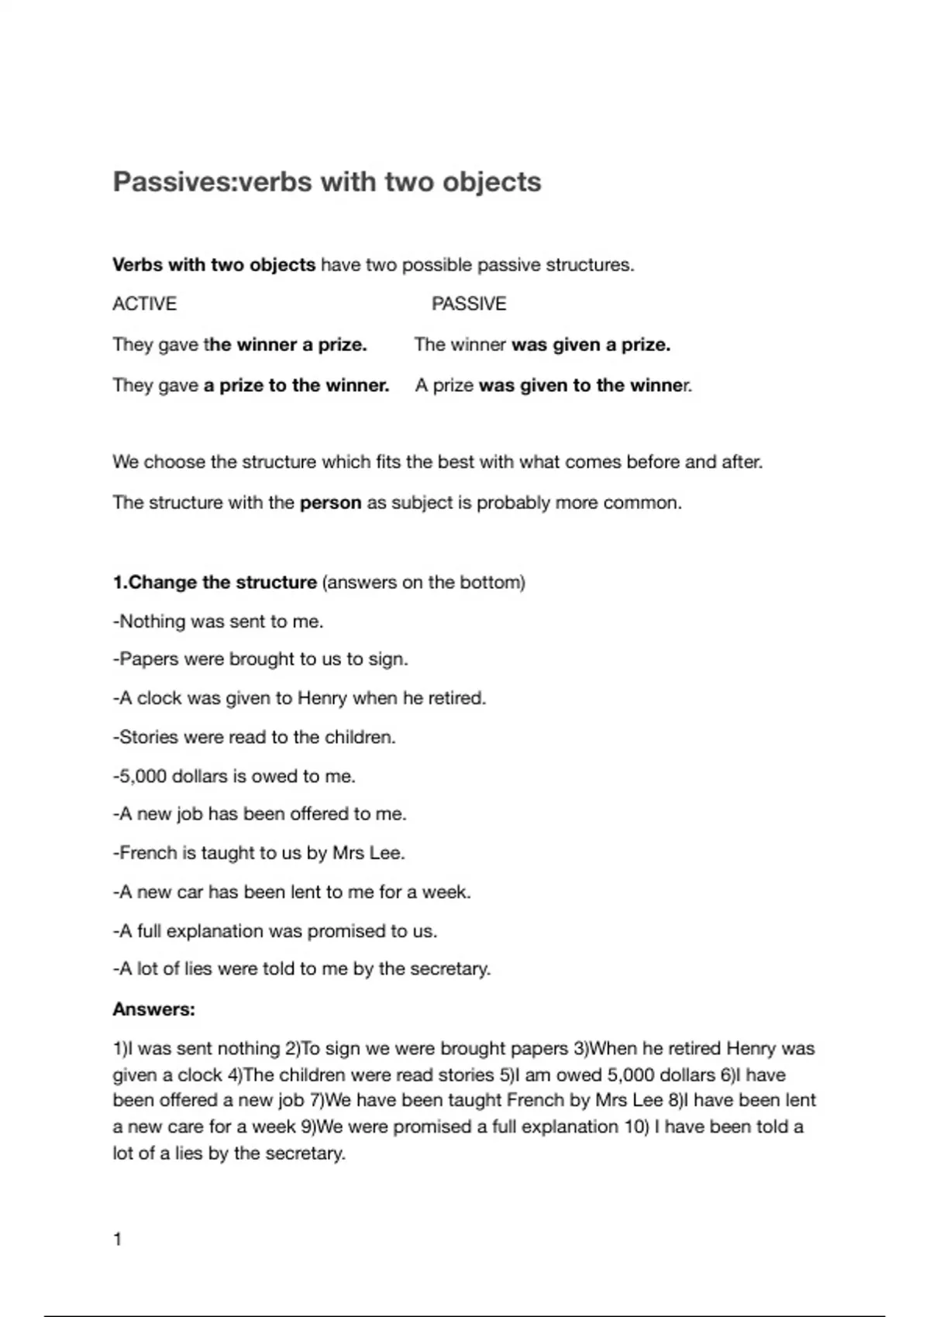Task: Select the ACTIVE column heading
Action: pyautogui.click(x=144, y=304)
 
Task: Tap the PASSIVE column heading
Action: pyautogui.click(x=469, y=304)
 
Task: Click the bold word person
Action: pyautogui.click(x=330, y=503)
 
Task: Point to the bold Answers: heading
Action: pyautogui.click(x=153, y=1009)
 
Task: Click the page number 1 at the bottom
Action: pyautogui.click(x=118, y=1240)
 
